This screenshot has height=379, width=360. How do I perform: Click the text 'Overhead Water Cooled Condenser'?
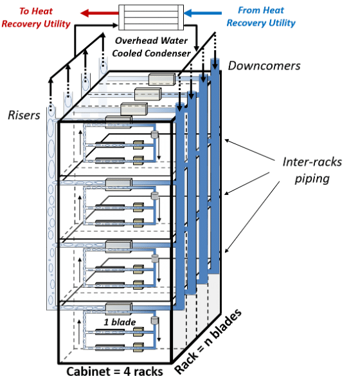pos(152,46)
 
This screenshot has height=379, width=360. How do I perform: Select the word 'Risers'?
pos(25,115)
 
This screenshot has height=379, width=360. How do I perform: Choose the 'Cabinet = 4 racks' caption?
pos(114,371)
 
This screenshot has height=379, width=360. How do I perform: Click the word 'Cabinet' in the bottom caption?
pos(87,371)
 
